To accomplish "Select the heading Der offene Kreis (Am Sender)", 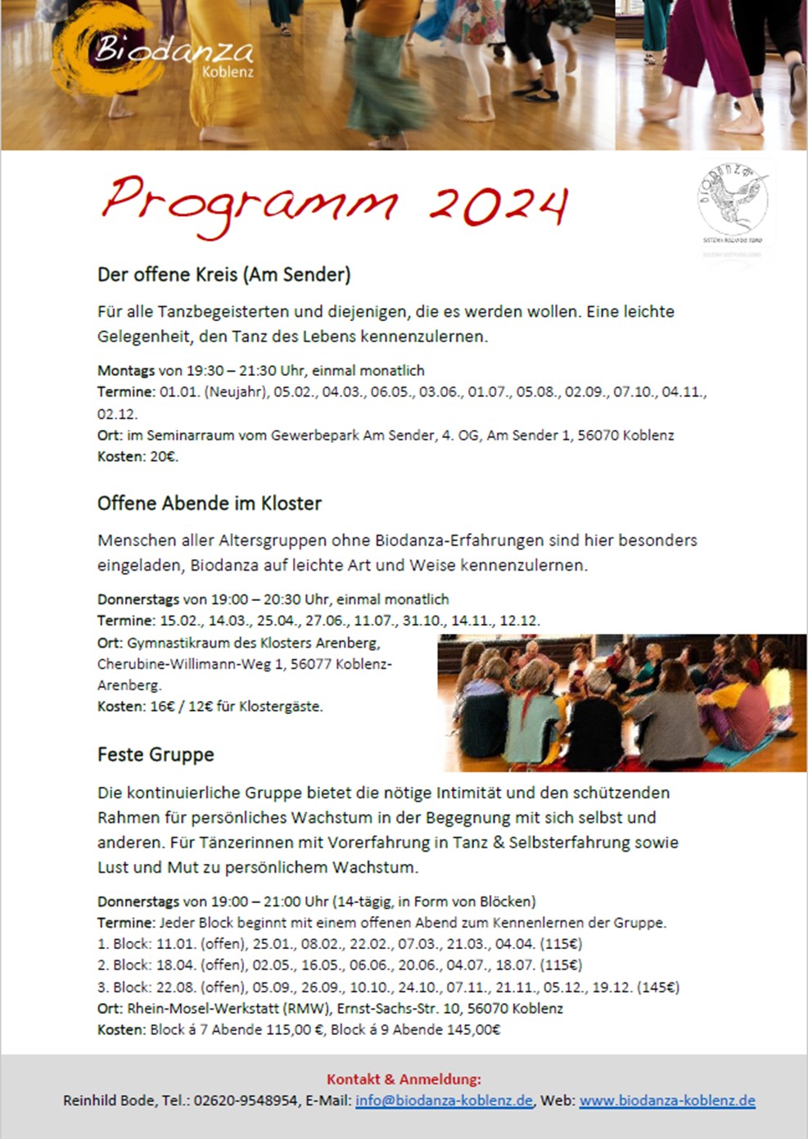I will tap(223, 274).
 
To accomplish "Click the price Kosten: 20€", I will tap(138, 456).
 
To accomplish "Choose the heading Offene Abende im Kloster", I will tap(209, 503).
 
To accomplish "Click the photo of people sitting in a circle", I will tap(621, 702).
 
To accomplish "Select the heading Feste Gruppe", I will tap(156, 754).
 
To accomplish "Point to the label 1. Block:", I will tap(124, 943).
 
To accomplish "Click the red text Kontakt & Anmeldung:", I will tap(404, 1079).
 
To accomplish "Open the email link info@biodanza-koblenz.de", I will tap(444, 1101).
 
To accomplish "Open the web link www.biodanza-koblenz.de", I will tap(667, 1101).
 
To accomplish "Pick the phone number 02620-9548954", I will tap(246, 1101).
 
